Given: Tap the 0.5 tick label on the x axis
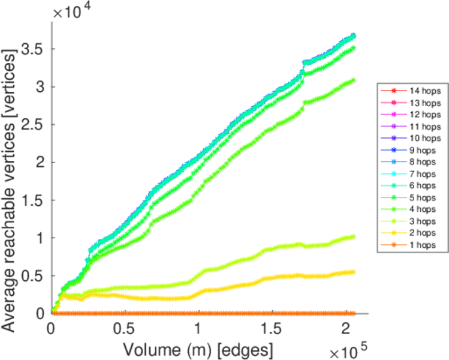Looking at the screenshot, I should coord(124,330).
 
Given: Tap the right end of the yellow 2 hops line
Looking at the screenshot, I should coord(354,272).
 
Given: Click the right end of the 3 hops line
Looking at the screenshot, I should coord(354,236).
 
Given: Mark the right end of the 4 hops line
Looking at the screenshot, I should coord(354,80).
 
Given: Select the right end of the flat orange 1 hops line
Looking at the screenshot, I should coord(354,313).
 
